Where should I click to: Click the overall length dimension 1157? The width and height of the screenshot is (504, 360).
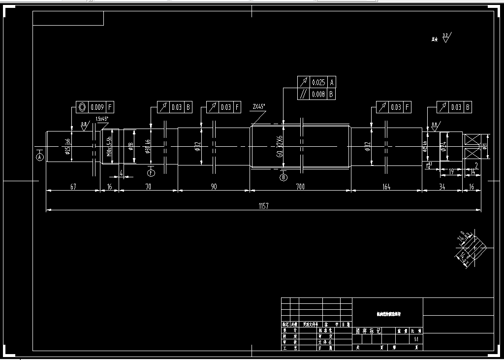pos(263,206)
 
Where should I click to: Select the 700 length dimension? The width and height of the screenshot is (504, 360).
pos(300,186)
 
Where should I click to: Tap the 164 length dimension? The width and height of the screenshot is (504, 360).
pos(386,186)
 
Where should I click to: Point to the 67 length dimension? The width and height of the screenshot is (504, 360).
pos(73,186)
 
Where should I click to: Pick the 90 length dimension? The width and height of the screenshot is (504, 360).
pos(214,186)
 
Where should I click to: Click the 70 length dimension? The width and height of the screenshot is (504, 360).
pos(148,186)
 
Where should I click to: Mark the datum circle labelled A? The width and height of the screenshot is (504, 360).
pos(40,157)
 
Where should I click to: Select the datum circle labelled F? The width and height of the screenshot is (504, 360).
pos(151,172)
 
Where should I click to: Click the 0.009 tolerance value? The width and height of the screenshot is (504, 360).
pos(97,106)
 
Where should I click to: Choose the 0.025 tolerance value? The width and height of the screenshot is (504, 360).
pos(318,82)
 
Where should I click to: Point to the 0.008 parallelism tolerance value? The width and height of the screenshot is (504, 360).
pos(318,94)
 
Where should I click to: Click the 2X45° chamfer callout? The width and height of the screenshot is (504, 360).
pos(258,106)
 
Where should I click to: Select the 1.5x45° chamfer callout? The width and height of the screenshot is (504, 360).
pos(102,119)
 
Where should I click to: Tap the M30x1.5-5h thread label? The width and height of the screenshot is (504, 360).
pos(109,146)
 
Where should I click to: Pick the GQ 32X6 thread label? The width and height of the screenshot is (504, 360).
pos(279,146)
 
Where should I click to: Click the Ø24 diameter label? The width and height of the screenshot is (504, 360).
pos(443,146)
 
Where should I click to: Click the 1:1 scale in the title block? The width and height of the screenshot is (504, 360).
pos(416,339)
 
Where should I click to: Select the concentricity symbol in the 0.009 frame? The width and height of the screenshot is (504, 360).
pos(82,106)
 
